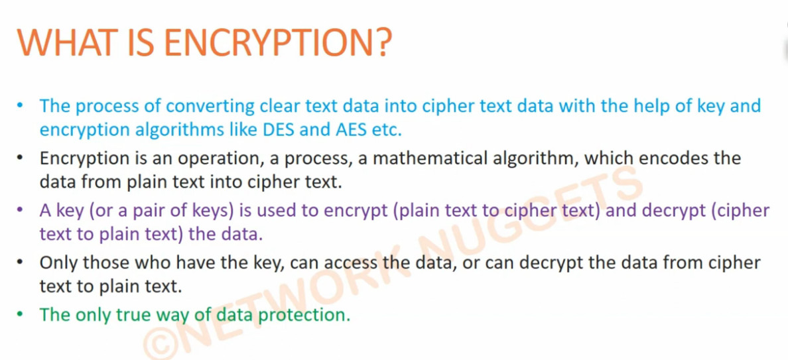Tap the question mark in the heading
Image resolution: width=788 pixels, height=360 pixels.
point(381,42)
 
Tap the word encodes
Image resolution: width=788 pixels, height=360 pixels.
point(669,158)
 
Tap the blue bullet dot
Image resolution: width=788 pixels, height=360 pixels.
point(20,106)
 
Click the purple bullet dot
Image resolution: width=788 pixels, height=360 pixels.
point(20,210)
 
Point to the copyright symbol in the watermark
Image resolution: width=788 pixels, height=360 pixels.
point(159,343)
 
